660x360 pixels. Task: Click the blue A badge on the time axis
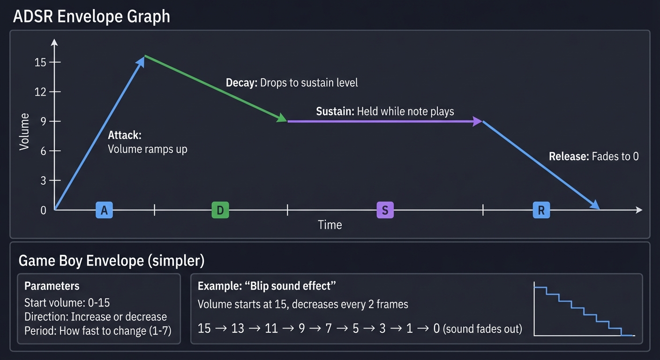[x=104, y=210]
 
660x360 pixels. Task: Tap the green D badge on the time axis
[x=220, y=210]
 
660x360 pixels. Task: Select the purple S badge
[x=385, y=210]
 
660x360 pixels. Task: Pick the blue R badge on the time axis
[x=541, y=210]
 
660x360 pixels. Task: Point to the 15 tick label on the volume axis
[x=41, y=62]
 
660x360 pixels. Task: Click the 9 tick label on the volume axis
[x=44, y=121]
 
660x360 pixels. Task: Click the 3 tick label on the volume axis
[x=44, y=180]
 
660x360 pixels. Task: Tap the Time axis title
[x=330, y=225]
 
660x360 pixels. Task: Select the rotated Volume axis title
[x=24, y=132]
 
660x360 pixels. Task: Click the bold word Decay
[x=241, y=83]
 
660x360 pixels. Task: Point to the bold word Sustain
[x=335, y=112]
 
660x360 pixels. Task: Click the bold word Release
[x=569, y=157]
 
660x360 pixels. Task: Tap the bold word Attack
[x=124, y=135]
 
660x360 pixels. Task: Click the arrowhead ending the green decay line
[x=282, y=118]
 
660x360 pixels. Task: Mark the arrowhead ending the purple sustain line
[x=478, y=121]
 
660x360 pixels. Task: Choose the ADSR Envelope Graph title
[x=91, y=17]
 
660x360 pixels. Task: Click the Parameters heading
[x=52, y=286]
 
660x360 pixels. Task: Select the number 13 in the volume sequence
[x=238, y=328]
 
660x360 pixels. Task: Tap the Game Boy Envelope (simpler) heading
[x=112, y=261]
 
